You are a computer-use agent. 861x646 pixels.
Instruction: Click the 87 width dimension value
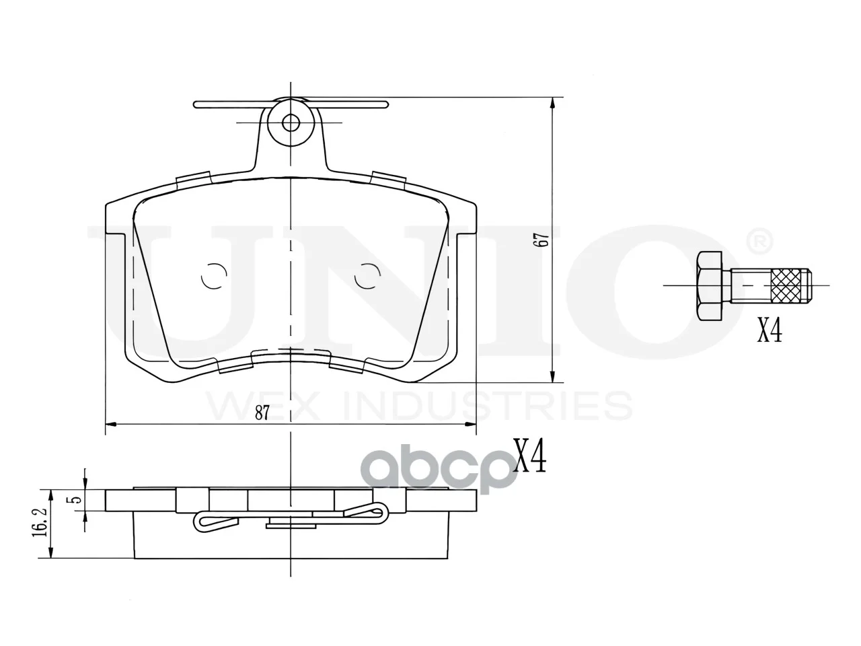pyautogui.click(x=262, y=413)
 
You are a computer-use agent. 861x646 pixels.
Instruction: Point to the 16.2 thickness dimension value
pyautogui.click(x=40, y=522)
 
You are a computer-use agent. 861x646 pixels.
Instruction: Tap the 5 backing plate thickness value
pyautogui.click(x=76, y=499)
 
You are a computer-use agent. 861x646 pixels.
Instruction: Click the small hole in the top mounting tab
pyautogui.click(x=291, y=123)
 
